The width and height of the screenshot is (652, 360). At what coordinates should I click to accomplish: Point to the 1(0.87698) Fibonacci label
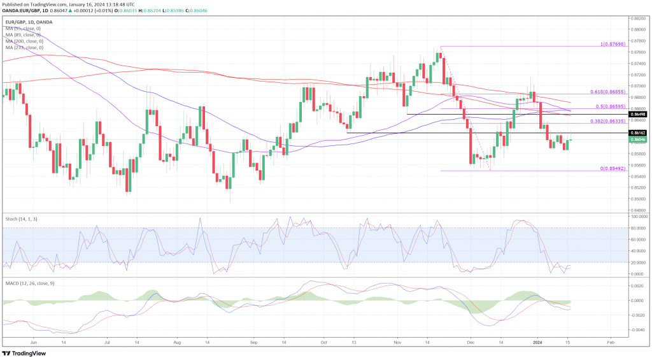coord(611,45)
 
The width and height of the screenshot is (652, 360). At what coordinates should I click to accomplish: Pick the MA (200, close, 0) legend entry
coord(25,41)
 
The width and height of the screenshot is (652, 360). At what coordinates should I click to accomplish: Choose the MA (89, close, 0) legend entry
coord(24,34)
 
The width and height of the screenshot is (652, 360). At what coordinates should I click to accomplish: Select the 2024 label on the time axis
coord(537,342)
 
